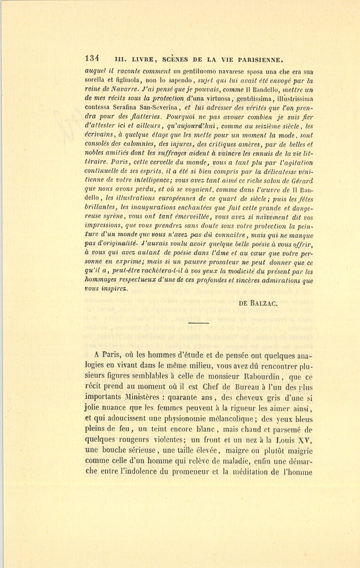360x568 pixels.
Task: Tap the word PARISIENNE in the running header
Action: tap(260, 60)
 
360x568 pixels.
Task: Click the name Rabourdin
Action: tap(264, 377)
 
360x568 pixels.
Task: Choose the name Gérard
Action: tap(303, 180)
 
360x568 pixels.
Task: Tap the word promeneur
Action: tap(191, 471)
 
